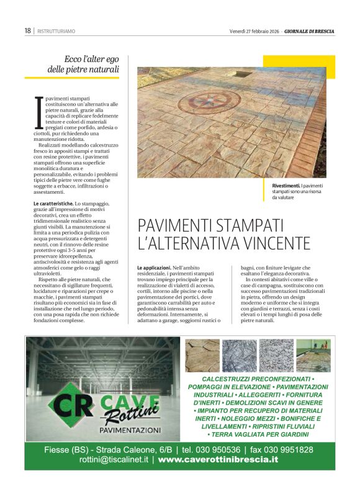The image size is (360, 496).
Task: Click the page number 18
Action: point(27,30)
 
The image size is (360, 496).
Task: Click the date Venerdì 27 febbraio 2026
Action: point(253,30)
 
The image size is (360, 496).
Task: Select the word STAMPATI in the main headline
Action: point(244,224)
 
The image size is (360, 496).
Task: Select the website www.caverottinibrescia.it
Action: point(218,460)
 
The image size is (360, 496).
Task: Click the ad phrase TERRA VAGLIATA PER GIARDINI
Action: point(260,435)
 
